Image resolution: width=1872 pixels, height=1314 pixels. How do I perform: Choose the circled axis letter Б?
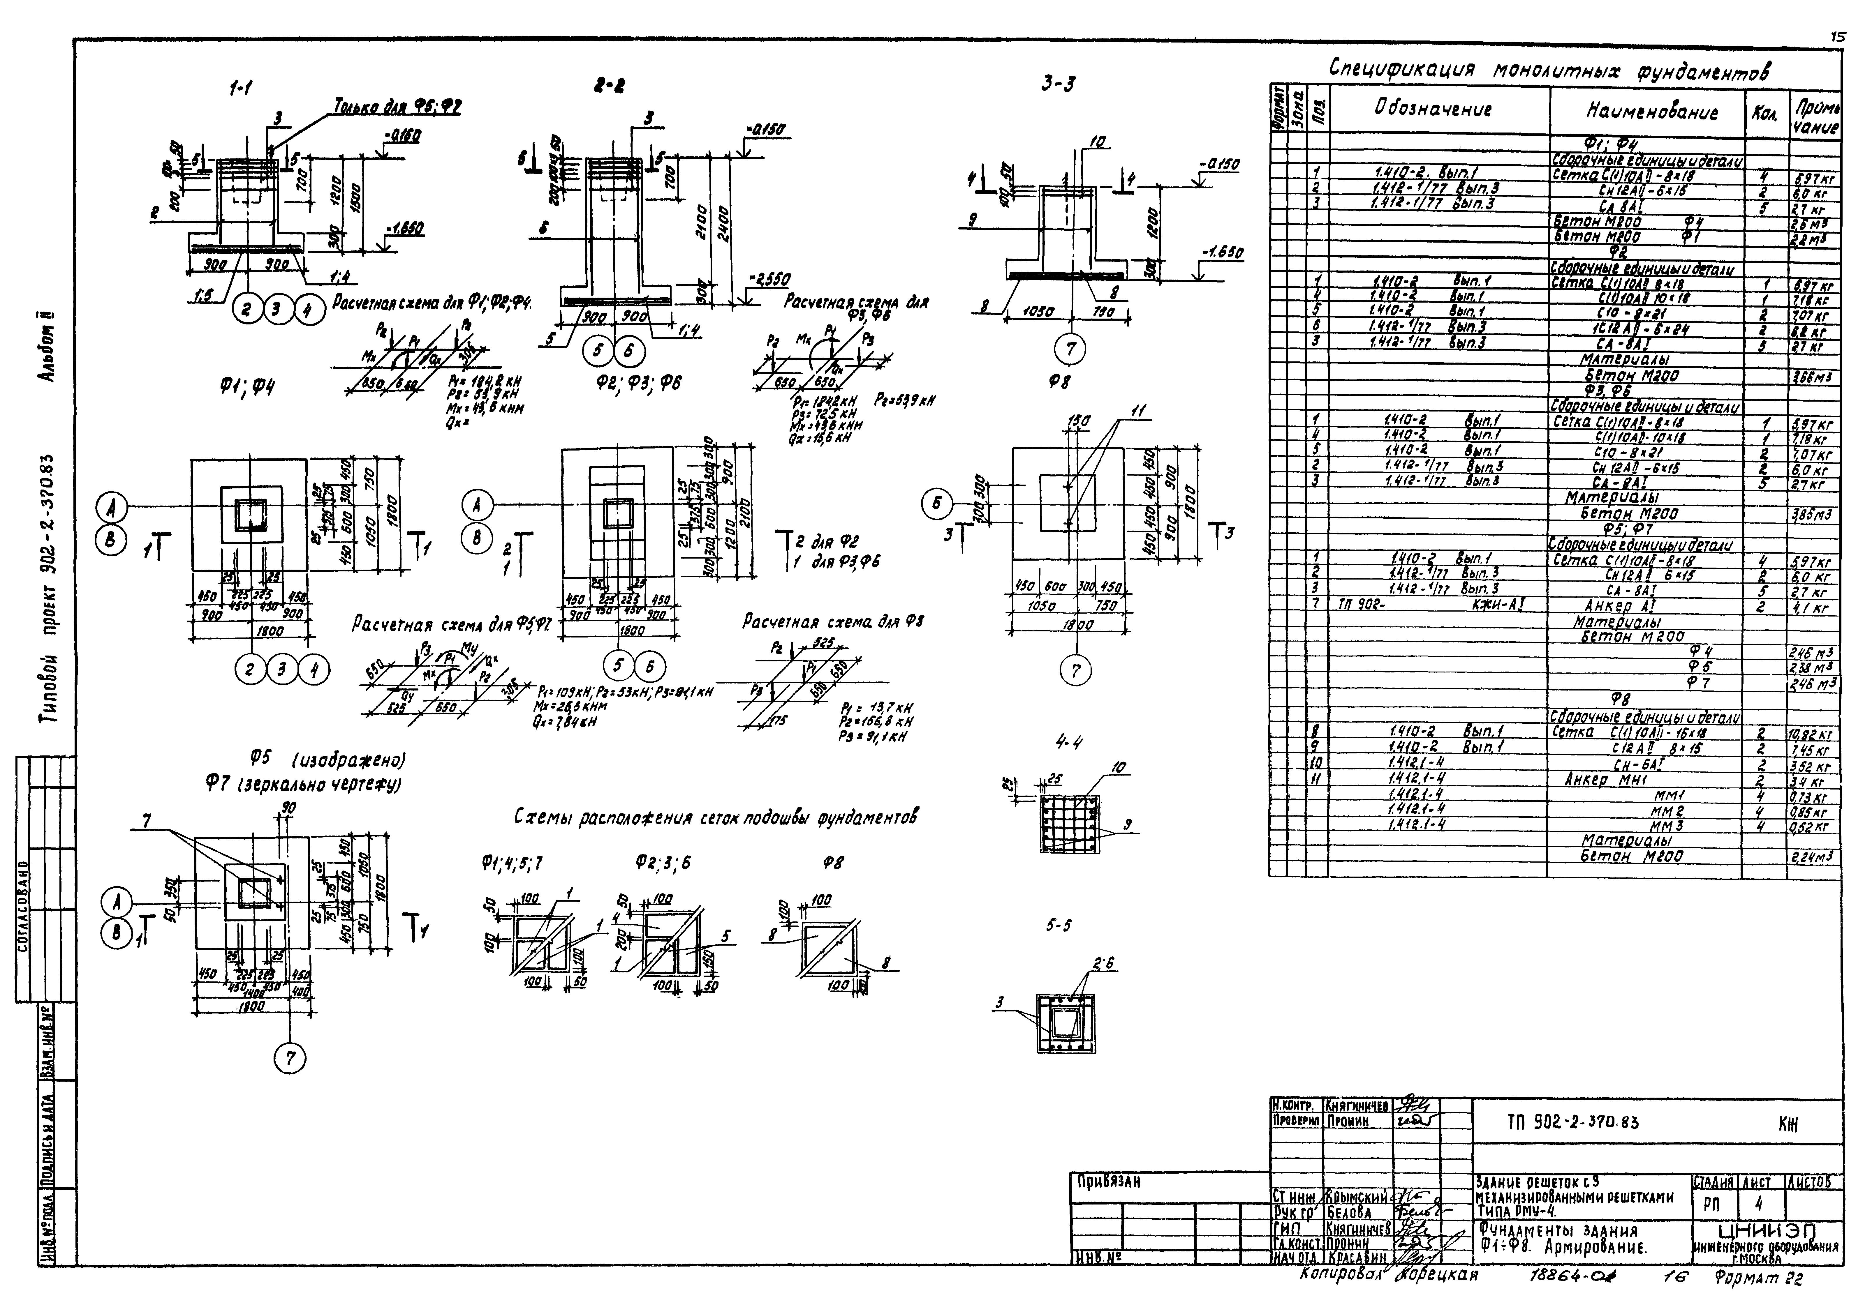(x=936, y=505)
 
